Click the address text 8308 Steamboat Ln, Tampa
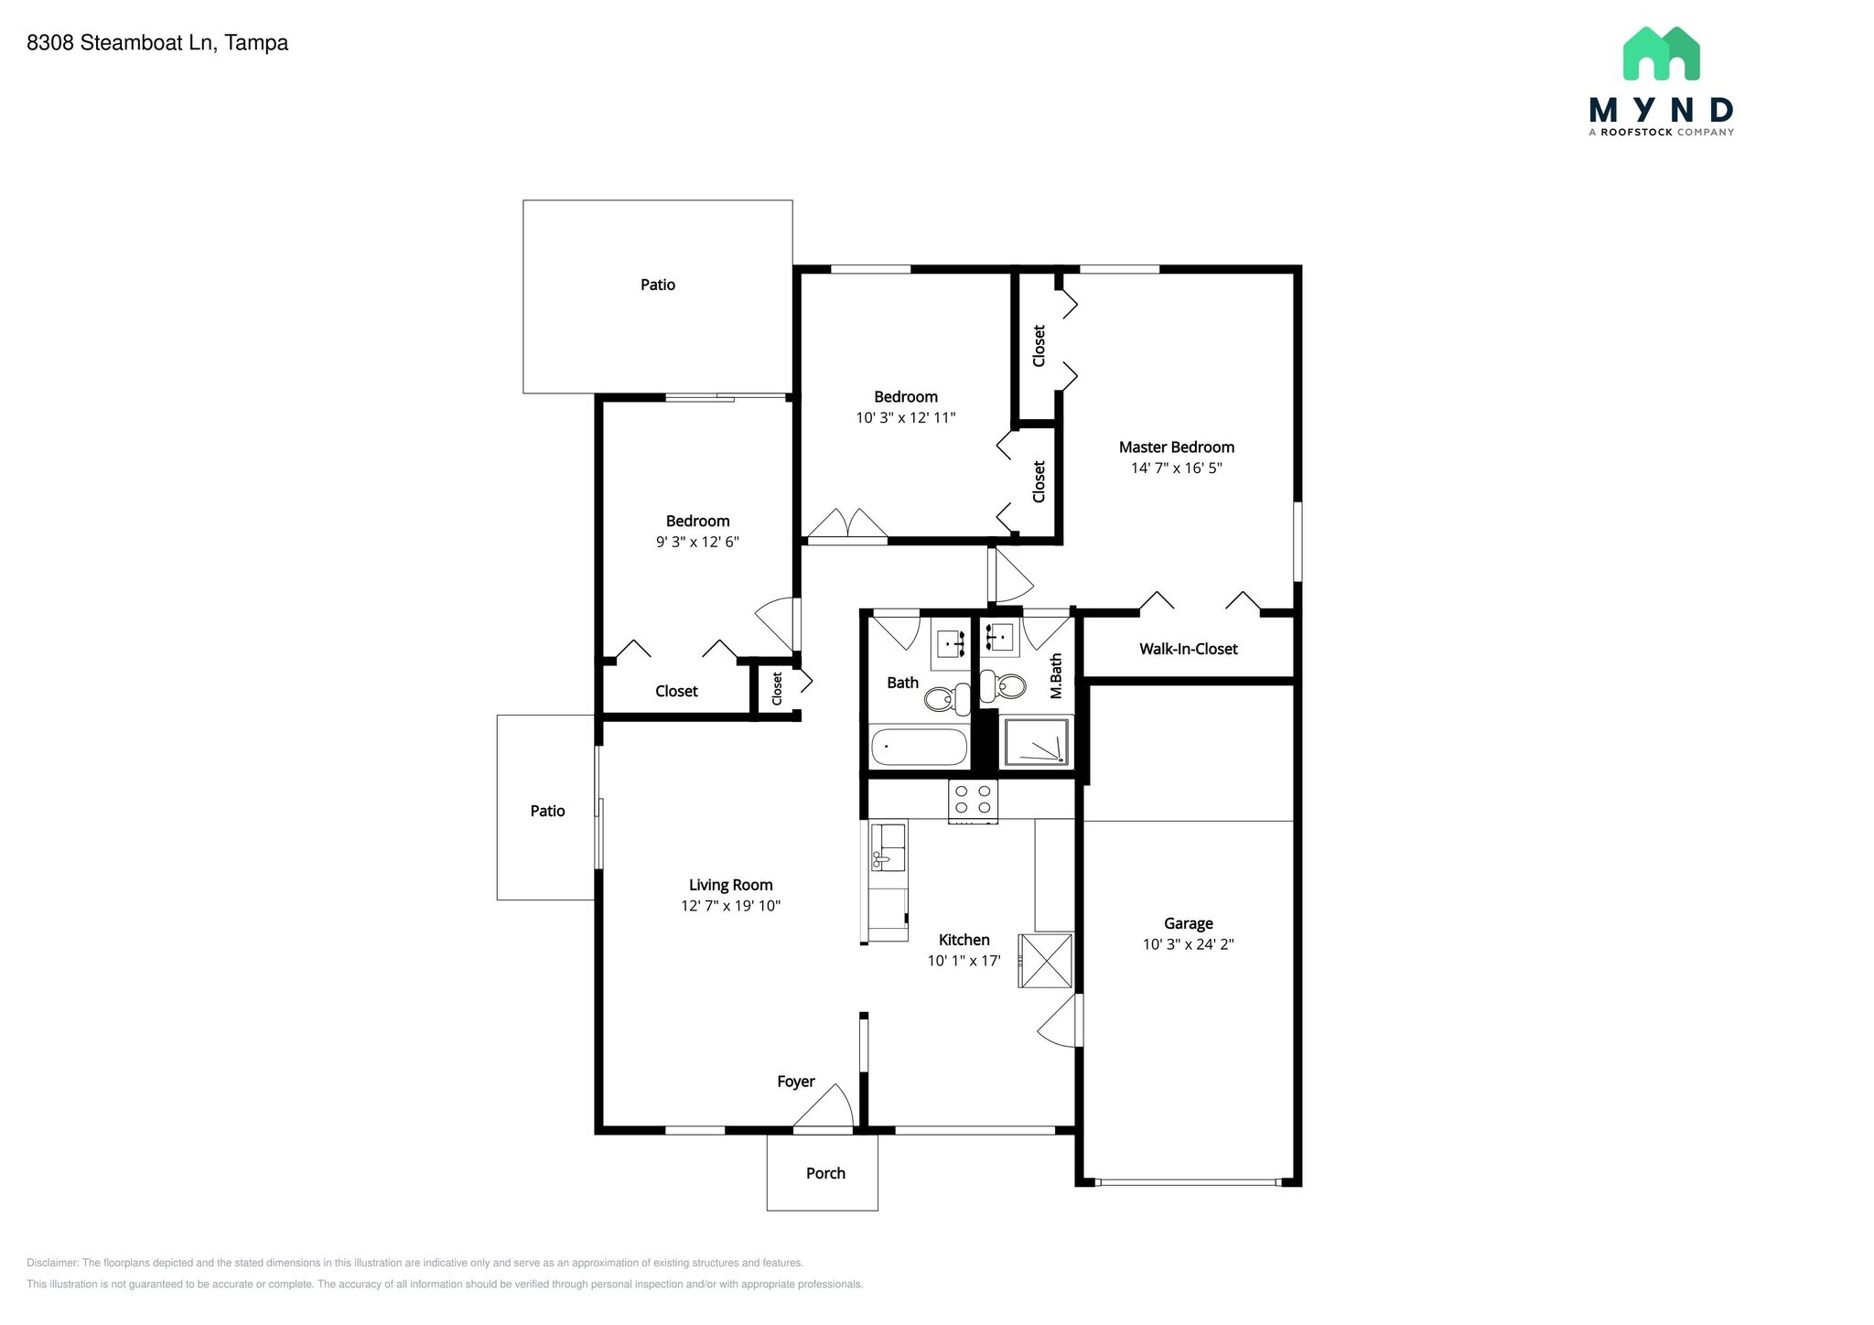(x=157, y=43)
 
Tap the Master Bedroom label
(x=1176, y=447)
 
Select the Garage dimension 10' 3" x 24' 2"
(x=1188, y=944)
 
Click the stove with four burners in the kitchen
(x=973, y=800)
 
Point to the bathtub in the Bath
(x=919, y=747)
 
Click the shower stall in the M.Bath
(x=1037, y=742)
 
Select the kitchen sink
(x=887, y=847)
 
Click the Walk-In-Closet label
(x=1188, y=649)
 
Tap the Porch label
(x=825, y=1173)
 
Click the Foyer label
(x=795, y=1082)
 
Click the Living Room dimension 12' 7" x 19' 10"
(x=730, y=906)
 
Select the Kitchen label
(x=964, y=940)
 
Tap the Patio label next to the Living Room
(x=547, y=811)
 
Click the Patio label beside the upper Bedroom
(x=657, y=285)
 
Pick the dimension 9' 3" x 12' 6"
(x=697, y=542)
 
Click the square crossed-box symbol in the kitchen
(x=1046, y=961)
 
